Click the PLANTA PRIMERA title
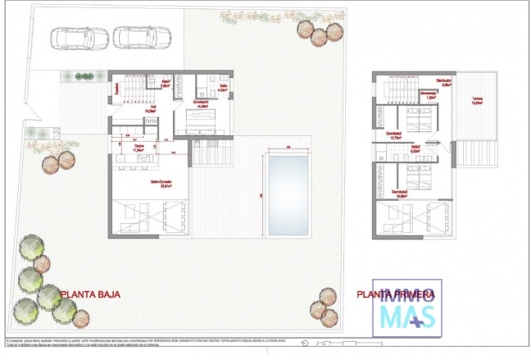[x=392, y=294]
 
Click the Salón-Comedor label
[x=147, y=184]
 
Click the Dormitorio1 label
[x=201, y=101]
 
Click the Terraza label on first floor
[x=477, y=103]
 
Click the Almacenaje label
[x=428, y=94]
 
